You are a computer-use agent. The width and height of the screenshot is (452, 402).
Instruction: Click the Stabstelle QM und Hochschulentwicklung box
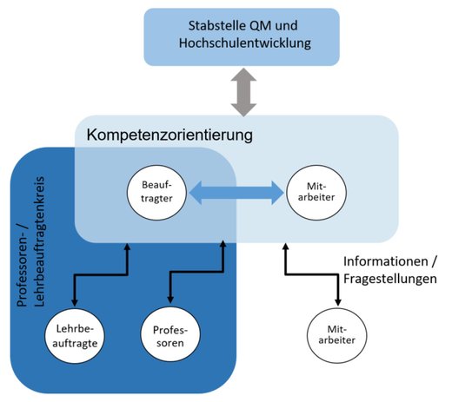click(x=242, y=37)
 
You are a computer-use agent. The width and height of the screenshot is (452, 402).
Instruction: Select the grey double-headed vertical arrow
click(x=243, y=92)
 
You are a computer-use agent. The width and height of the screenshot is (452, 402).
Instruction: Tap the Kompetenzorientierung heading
click(x=169, y=135)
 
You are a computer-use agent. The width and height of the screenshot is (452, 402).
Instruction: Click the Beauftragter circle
click(x=156, y=192)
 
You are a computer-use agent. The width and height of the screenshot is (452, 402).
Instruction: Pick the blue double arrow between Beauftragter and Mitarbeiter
click(x=236, y=193)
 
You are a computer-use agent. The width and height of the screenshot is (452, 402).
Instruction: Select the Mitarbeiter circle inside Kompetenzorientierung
click(x=316, y=192)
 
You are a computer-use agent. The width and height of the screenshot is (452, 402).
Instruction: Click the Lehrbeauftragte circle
click(x=75, y=336)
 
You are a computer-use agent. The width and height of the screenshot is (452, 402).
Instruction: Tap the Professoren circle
click(x=170, y=335)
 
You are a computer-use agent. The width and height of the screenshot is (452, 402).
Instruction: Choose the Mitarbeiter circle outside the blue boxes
click(x=336, y=335)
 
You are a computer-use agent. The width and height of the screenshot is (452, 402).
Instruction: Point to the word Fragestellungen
click(x=390, y=279)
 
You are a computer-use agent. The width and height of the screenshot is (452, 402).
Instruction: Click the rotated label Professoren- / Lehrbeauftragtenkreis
click(x=30, y=241)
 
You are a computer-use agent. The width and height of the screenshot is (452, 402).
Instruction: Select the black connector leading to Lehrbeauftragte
click(x=101, y=274)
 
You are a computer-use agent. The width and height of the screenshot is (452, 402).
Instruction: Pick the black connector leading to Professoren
click(x=197, y=272)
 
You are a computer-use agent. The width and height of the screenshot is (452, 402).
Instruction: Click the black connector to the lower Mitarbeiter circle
click(x=312, y=273)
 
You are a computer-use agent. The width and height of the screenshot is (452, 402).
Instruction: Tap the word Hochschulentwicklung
click(x=245, y=43)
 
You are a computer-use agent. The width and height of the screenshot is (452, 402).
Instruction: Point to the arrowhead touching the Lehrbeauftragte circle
click(x=75, y=302)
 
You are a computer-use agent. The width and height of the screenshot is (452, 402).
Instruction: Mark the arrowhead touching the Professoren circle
click(x=170, y=300)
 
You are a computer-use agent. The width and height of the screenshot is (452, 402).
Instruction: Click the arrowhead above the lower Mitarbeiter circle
click(x=338, y=302)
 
